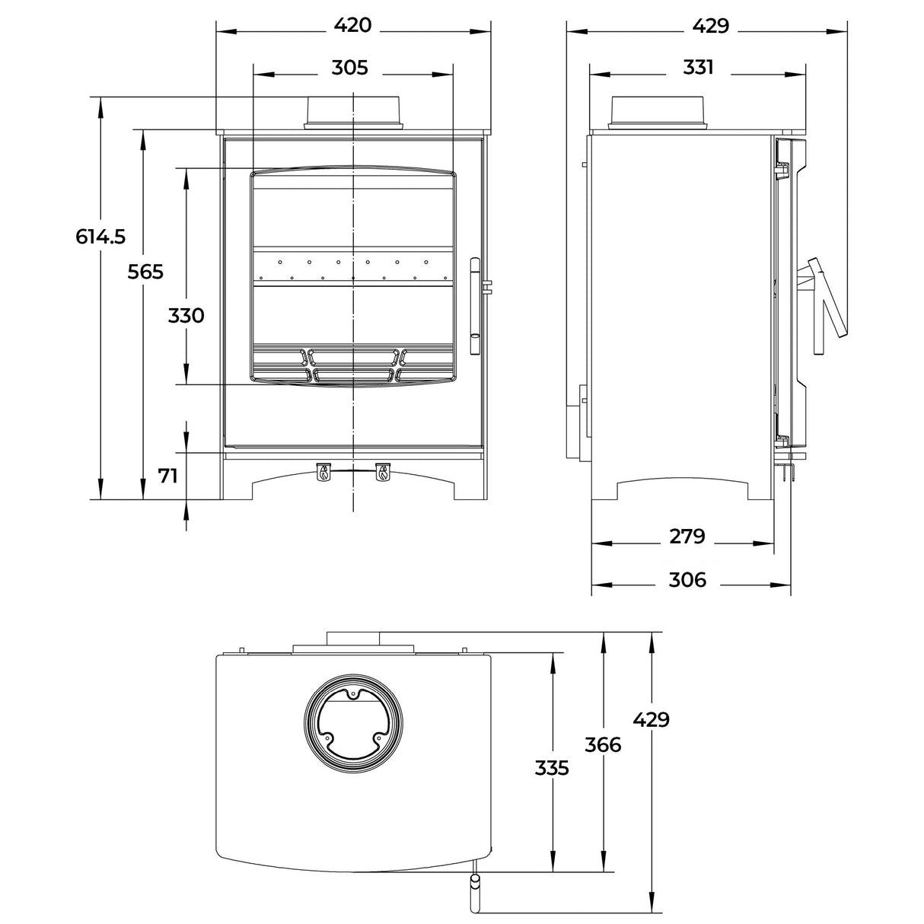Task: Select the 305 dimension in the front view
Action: [x=349, y=69]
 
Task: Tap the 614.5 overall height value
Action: [x=100, y=237]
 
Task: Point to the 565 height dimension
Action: [x=145, y=272]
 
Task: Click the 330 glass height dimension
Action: [x=186, y=315]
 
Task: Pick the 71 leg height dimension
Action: [x=167, y=476]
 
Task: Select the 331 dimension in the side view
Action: [x=698, y=69]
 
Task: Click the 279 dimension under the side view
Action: [x=687, y=537]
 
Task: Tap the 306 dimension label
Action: [x=687, y=580]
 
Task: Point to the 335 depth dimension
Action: [x=552, y=769]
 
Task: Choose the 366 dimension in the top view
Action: [x=603, y=744]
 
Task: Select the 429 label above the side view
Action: [x=710, y=27]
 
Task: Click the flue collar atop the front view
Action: [x=353, y=113]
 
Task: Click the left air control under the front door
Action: [x=323, y=472]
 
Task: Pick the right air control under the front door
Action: [x=382, y=472]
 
